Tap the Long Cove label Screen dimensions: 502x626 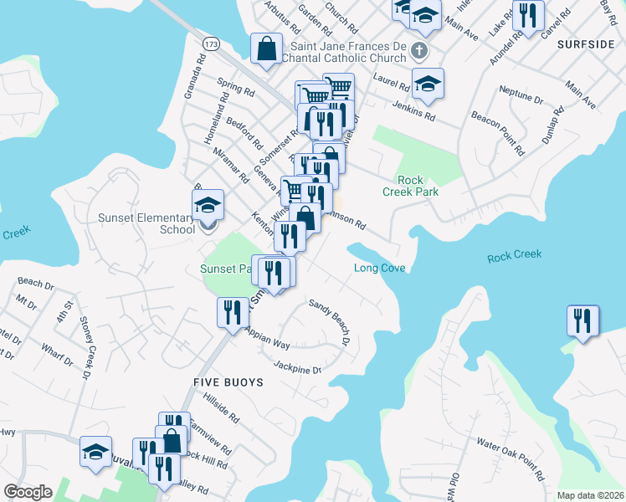379,269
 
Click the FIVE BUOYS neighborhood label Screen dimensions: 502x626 228,382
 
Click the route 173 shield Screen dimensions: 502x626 211,41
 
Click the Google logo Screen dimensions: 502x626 28,492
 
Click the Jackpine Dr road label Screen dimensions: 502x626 297,365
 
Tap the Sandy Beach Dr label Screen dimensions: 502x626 329,322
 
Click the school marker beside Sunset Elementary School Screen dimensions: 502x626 208,206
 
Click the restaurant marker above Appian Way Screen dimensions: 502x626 231,313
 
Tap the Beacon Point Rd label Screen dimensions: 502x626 497,135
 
